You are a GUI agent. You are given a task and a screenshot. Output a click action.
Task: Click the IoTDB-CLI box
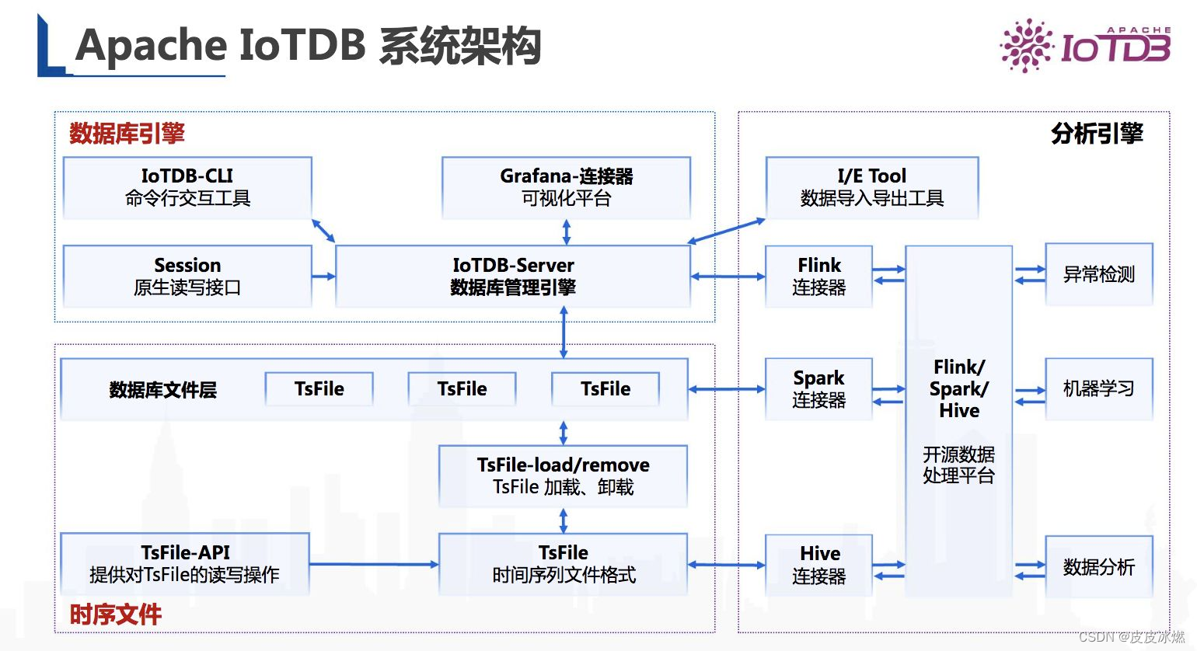[187, 187]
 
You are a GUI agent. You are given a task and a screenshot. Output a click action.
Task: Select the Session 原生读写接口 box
[187, 276]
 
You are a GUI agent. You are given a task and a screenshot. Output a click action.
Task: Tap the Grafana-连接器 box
[566, 187]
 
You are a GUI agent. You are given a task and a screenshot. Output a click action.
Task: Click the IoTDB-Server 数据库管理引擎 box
[513, 276]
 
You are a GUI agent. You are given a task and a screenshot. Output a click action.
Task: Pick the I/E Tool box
[871, 187]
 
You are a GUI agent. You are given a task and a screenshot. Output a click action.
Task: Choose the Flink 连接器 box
[818, 276]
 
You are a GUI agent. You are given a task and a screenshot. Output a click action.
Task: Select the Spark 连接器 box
[818, 388]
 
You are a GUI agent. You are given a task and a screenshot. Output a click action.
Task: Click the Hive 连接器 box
[818, 565]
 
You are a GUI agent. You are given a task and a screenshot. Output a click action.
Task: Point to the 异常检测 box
[1098, 274]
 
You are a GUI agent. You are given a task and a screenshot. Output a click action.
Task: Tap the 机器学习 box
[1098, 388]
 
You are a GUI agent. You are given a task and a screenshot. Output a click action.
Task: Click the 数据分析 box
[1098, 566]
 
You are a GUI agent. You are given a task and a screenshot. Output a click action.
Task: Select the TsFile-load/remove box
[563, 475]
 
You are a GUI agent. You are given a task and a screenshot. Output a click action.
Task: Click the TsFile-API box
[185, 564]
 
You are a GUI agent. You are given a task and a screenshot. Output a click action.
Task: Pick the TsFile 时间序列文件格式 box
[563, 564]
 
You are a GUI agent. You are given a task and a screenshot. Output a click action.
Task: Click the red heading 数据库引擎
[127, 134]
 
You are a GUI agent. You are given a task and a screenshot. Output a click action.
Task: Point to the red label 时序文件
[116, 614]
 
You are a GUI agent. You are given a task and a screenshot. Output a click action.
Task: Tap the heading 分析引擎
[1097, 134]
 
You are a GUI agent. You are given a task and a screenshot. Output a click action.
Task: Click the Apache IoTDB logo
[1085, 46]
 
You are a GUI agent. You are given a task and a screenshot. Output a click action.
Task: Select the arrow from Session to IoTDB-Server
[323, 276]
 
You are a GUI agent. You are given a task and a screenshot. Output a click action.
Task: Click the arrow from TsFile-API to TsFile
[374, 565]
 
